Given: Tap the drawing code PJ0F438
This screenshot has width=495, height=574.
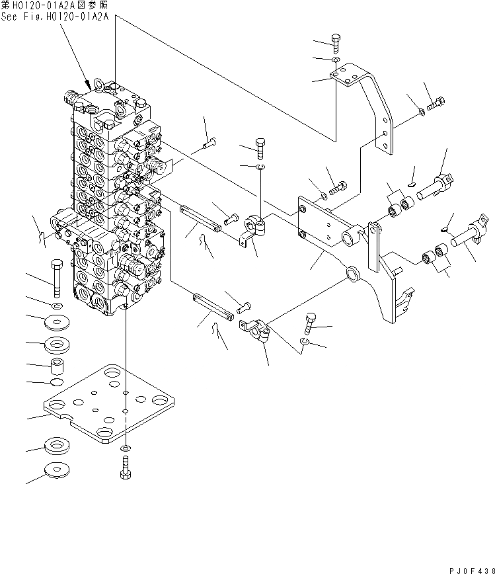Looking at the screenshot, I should pos(465,567).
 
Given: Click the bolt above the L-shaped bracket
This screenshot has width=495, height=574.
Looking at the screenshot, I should pos(336,43).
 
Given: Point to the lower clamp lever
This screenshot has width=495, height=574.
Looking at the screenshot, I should pos(258,329).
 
